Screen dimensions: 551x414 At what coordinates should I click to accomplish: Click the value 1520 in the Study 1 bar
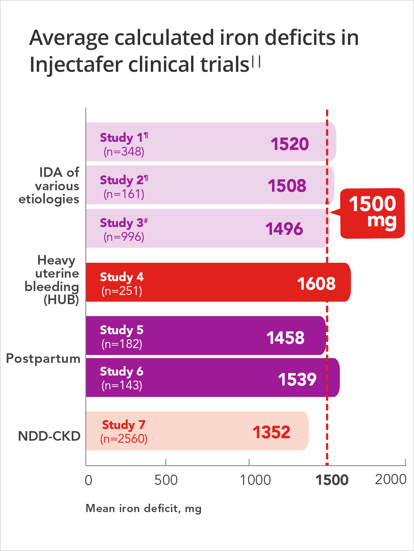click(290, 144)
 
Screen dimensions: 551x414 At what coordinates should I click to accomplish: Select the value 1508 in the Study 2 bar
click(287, 186)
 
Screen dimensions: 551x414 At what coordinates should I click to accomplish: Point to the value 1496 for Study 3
click(284, 229)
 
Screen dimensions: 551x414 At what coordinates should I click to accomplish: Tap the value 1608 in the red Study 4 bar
click(316, 284)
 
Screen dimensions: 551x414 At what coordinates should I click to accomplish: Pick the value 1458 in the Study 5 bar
click(285, 338)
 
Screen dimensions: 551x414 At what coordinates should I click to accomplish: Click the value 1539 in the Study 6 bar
click(297, 379)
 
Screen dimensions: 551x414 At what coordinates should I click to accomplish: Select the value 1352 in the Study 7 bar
click(271, 432)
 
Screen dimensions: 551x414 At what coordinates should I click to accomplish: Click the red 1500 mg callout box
click(372, 213)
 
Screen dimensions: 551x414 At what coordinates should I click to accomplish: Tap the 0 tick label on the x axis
click(89, 480)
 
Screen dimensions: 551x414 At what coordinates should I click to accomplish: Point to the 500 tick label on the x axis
click(166, 480)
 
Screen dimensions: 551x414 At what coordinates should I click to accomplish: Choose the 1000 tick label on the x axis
click(255, 480)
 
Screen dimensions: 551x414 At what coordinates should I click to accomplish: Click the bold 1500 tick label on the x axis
click(332, 480)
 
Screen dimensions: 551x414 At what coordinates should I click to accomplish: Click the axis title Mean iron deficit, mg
click(143, 509)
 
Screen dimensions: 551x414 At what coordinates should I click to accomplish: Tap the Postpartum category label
click(43, 359)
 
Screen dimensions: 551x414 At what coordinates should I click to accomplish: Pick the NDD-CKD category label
click(49, 436)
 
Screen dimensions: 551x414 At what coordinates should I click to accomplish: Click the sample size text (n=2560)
click(124, 439)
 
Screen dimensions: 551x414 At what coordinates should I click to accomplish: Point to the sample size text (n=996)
click(124, 237)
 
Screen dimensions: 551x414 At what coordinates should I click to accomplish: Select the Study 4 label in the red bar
click(122, 277)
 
